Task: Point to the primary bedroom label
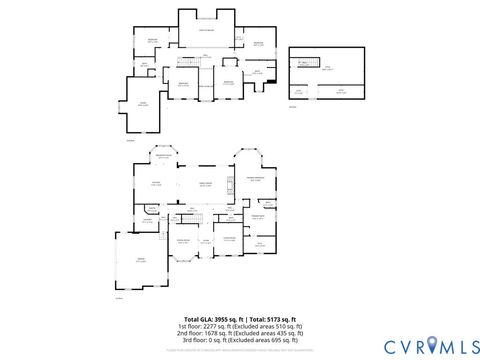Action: pos(256,178)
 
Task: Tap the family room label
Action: pos(206,184)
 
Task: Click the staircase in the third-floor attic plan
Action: pos(300,62)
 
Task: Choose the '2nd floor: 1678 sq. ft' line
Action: pos(239,333)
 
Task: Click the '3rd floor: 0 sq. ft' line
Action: pos(239,340)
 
